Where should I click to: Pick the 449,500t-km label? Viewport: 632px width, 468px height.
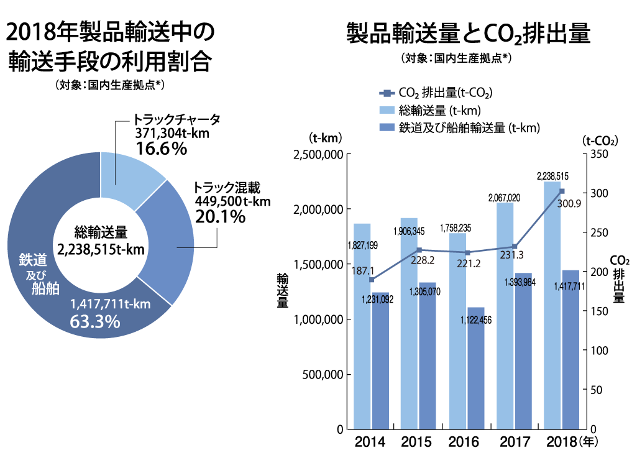(x=232, y=201)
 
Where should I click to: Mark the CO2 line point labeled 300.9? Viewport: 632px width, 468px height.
(x=562, y=191)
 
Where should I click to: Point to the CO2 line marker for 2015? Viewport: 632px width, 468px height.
(x=419, y=250)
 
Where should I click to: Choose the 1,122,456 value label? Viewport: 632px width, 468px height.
(x=476, y=320)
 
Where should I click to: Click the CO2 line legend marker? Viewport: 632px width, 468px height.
(x=386, y=94)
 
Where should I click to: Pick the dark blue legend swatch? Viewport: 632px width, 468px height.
(x=386, y=128)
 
